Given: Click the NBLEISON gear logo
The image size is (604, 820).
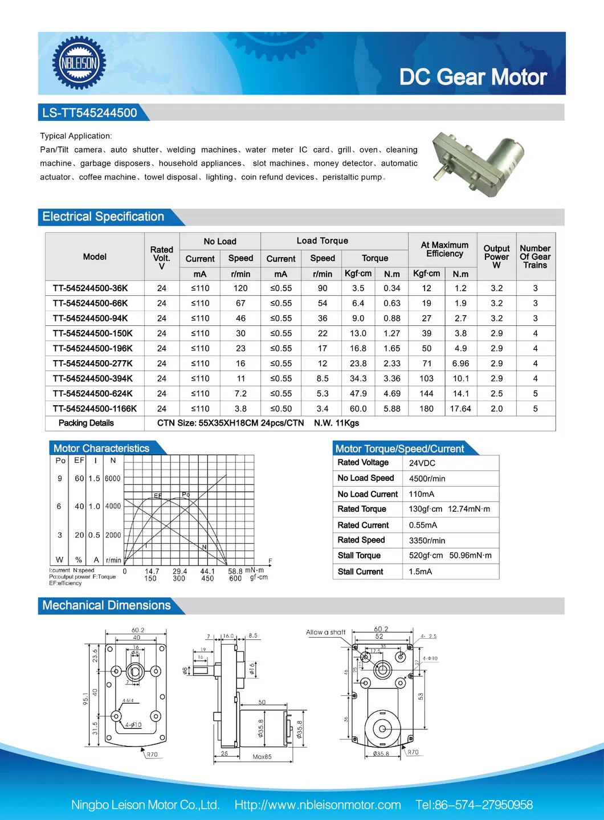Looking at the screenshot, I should coord(79,63).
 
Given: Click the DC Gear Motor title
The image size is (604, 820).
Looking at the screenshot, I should coord(472,77).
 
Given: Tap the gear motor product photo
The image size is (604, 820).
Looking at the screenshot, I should coord(478,162).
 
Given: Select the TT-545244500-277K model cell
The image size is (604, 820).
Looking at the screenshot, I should coord(93,364).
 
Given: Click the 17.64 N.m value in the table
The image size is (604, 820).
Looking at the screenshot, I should coord(460,409).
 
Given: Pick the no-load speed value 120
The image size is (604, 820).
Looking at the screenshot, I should coord(240,288).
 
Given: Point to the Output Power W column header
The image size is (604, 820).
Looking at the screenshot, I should coord(496,256).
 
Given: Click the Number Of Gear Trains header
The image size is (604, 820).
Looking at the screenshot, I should coord(535,256).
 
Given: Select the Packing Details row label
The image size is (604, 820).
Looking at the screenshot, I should coord(86,423).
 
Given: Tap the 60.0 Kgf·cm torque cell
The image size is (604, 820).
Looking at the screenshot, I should coord(358,409).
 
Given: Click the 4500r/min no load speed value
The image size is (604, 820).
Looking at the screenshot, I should coord(427,479).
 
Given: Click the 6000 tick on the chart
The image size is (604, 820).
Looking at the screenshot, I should coord(113,479).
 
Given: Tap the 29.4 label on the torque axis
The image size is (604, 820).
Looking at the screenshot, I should coord(179,571).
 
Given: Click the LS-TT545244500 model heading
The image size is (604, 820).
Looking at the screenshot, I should coord(89,113).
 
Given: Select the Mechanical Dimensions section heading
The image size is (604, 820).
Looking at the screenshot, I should coord(107,605).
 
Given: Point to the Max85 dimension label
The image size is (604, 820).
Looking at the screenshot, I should coord(262,757).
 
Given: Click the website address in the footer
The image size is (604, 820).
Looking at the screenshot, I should coord(317,805).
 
